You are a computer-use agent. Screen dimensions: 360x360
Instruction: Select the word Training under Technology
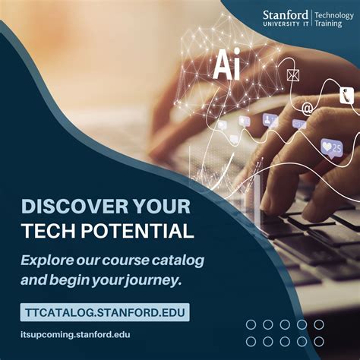328,26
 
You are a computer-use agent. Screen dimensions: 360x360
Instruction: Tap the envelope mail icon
293,75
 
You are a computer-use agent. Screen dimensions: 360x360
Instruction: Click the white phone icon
346,96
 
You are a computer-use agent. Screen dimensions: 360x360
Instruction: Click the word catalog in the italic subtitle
176,260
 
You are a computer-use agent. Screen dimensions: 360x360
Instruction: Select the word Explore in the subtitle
48,260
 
